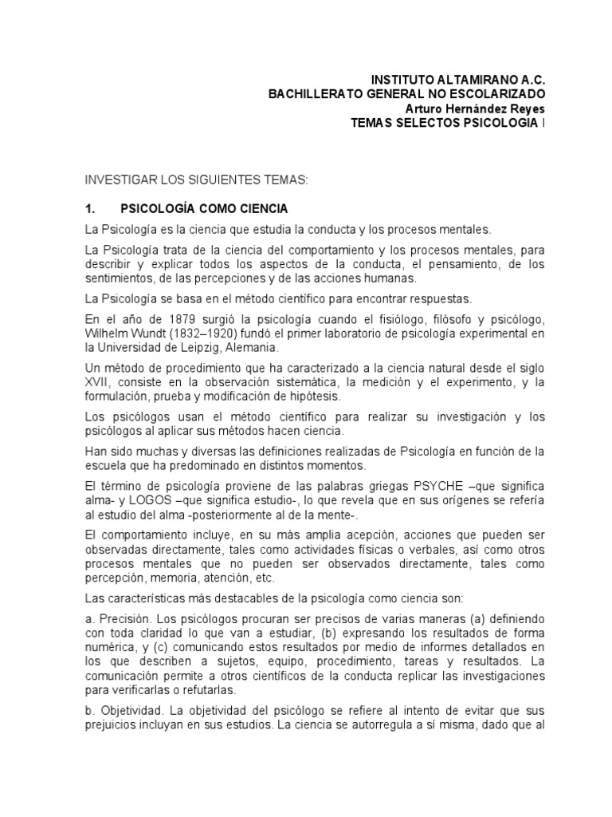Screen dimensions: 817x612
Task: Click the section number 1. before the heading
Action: coord(90,209)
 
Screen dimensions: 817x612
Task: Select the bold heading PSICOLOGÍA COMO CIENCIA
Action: coord(203,209)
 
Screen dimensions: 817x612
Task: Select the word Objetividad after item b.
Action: coord(128,709)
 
